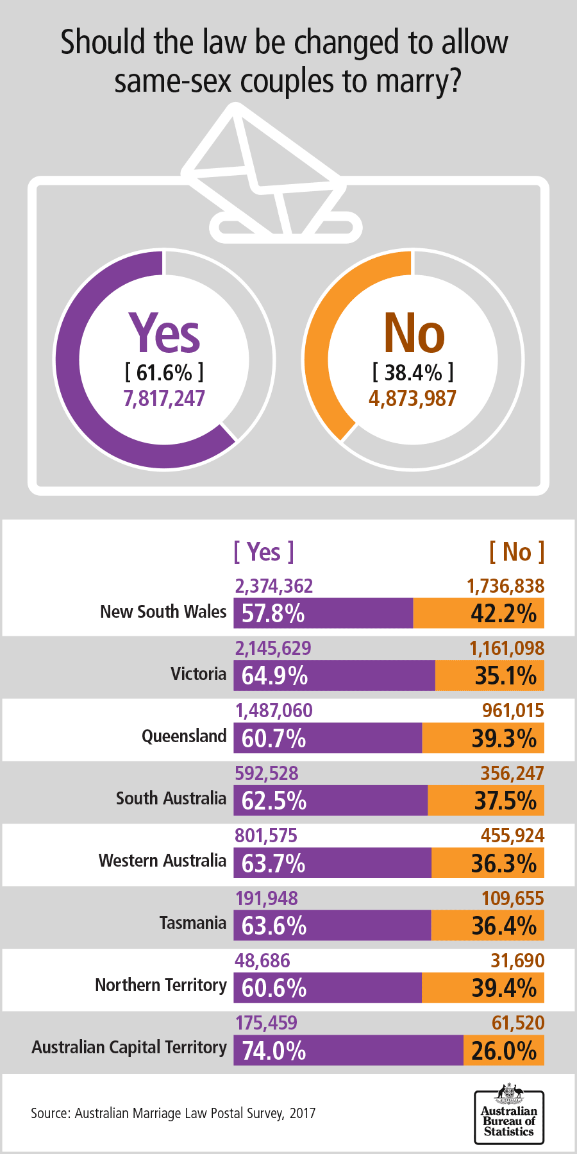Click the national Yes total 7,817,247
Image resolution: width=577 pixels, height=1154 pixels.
[x=164, y=398]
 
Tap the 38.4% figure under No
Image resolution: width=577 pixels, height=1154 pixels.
[x=413, y=372]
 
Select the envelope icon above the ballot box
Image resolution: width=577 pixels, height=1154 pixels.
[x=269, y=170]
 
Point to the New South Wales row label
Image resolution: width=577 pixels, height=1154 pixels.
[x=163, y=611]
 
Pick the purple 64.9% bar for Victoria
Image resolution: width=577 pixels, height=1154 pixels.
[x=334, y=675]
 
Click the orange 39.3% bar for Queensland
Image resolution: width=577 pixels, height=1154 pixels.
[x=483, y=738]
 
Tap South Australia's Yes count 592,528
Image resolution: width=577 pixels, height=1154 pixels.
[x=267, y=773]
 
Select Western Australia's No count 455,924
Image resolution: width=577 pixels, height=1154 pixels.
[x=512, y=835]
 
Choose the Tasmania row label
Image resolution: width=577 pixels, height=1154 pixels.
[x=193, y=923]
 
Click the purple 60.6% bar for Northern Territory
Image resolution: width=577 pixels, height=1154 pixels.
[x=328, y=988]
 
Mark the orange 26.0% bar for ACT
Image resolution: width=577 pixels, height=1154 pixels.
[x=504, y=1050]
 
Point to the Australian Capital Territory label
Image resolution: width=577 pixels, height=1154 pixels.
[x=130, y=1048]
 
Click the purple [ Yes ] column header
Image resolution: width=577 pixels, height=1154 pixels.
[x=263, y=552]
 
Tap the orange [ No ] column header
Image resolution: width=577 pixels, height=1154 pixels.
[x=517, y=552]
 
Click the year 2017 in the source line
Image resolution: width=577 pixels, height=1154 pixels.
[x=303, y=1113]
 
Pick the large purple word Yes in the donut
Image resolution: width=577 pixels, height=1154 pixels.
[x=164, y=334]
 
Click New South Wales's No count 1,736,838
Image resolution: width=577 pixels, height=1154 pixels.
[x=505, y=586]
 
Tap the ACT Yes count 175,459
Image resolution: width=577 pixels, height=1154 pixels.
[x=266, y=1022]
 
